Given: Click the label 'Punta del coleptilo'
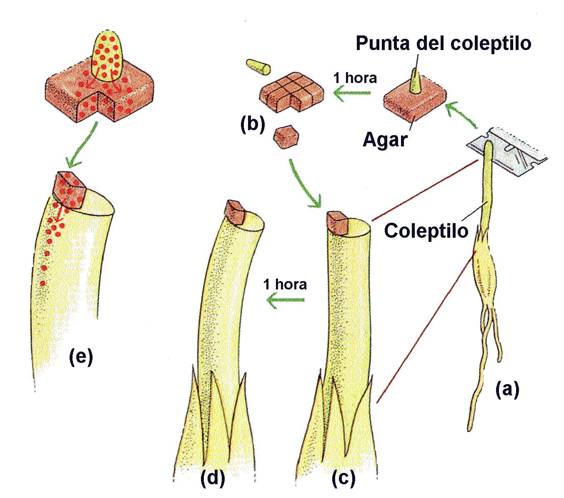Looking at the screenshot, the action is (x=443, y=44).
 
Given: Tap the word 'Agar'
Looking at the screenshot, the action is (x=384, y=140).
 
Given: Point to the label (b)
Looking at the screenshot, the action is (x=252, y=125).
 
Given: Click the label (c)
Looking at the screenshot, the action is (x=343, y=478).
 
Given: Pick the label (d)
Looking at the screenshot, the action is (x=213, y=478).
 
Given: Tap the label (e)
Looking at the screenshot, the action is (x=81, y=357).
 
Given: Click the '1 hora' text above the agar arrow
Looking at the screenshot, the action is (x=355, y=78).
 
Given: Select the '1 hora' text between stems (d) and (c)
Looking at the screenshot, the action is (x=285, y=284).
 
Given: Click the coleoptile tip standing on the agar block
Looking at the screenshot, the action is (x=415, y=81).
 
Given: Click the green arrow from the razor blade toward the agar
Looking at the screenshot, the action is (x=461, y=115).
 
